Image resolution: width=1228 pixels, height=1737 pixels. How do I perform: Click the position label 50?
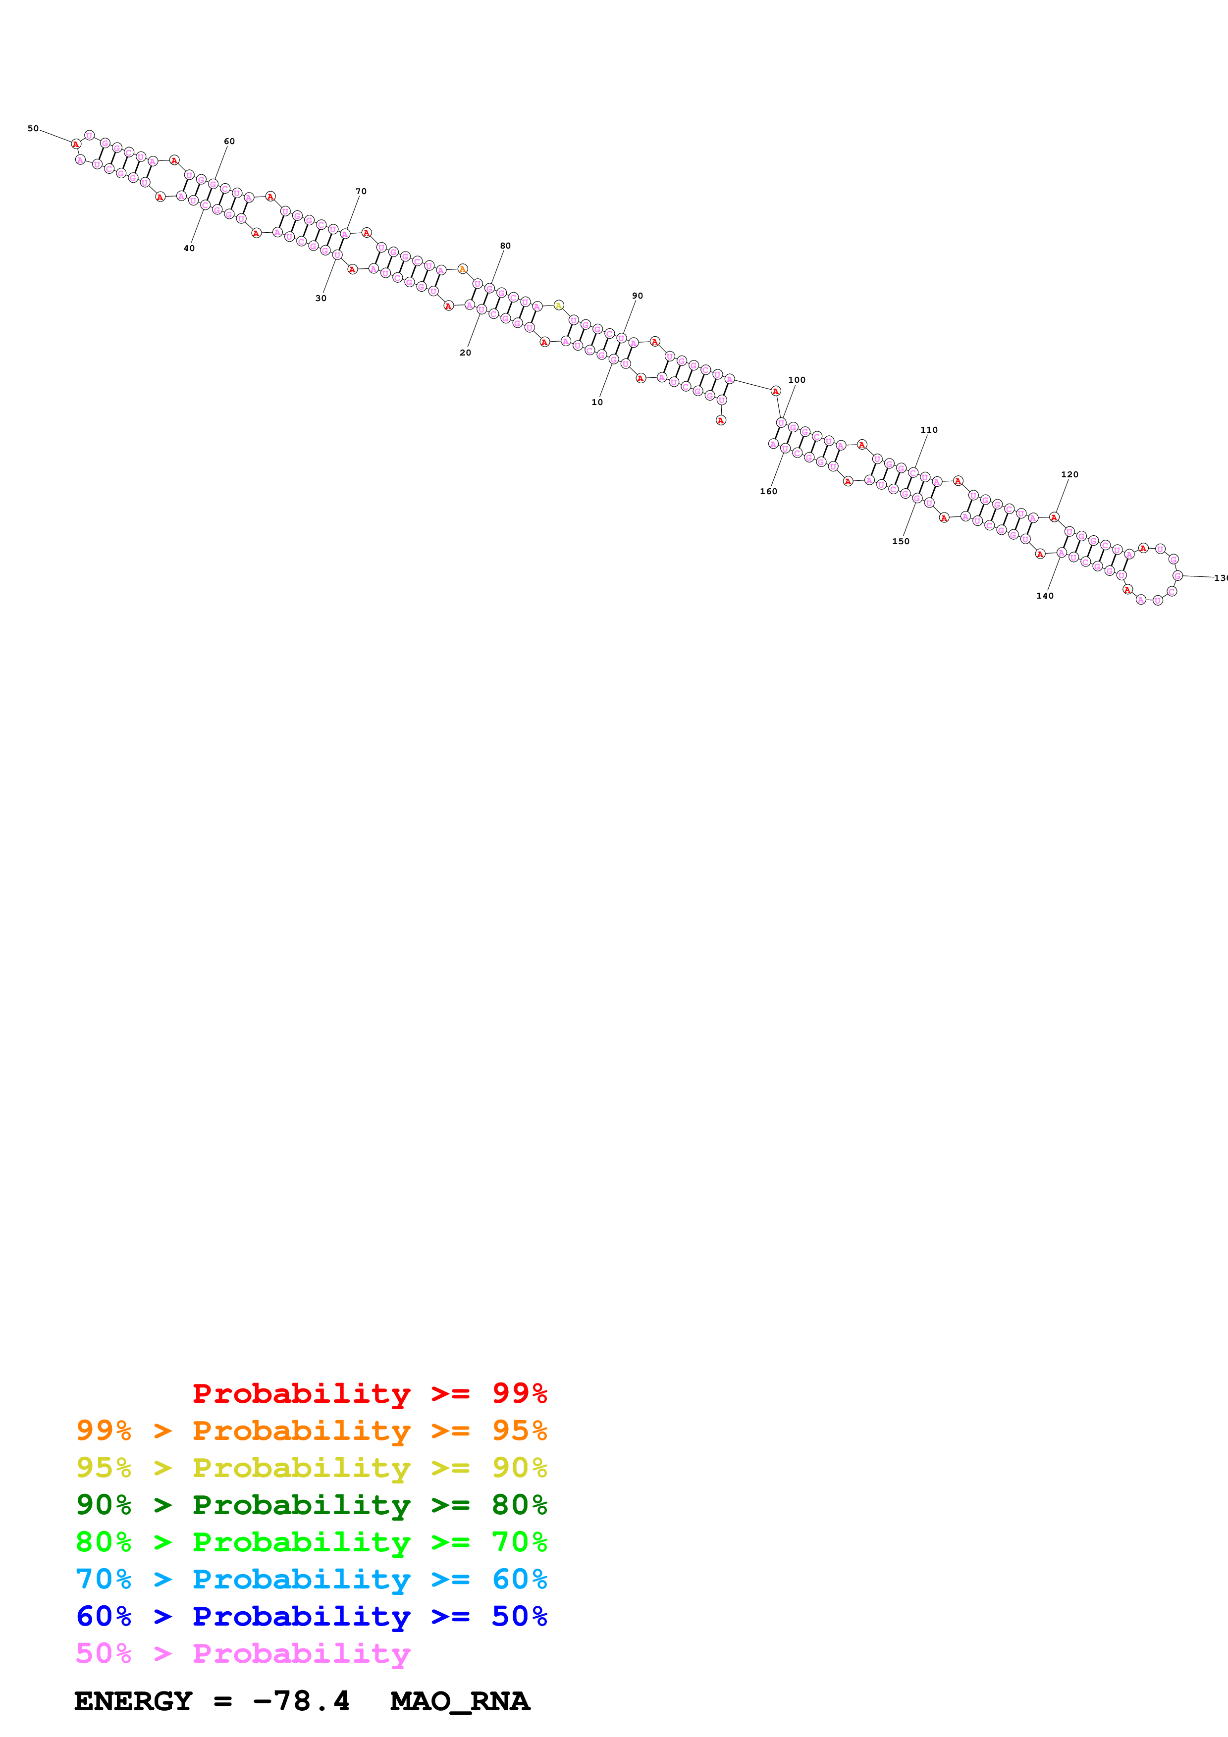[x=33, y=129]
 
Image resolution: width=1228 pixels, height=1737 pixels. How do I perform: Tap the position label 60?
[x=229, y=142]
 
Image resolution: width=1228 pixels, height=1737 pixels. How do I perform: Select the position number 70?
[x=361, y=192]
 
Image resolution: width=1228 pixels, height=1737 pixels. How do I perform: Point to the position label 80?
[x=505, y=246]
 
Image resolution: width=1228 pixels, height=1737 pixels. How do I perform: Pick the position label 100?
[x=797, y=380]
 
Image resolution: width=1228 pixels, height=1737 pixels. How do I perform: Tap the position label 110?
[x=929, y=430]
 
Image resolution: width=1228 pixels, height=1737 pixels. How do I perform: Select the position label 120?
[x=1070, y=474]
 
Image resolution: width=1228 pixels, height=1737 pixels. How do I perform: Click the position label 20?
[x=465, y=353]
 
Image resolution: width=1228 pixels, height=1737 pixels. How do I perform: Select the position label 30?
[x=321, y=298]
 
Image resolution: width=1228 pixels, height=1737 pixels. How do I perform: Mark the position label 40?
[x=189, y=248]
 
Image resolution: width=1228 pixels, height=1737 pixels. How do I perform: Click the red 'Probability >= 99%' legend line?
[x=369, y=1393]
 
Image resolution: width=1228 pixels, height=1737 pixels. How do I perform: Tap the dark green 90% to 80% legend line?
[x=311, y=1505]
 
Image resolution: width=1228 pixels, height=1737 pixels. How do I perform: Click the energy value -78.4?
[x=301, y=1701]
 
